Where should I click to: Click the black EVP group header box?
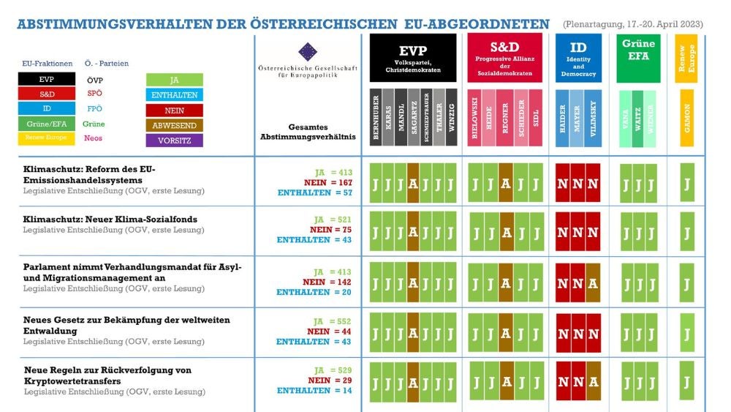412,57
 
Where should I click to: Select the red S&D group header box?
504,57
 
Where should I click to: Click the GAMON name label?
686,117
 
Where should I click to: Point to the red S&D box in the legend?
46,94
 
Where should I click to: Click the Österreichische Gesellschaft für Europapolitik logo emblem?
308,51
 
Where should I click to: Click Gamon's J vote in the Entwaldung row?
686,334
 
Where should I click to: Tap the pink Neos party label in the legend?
94,138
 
